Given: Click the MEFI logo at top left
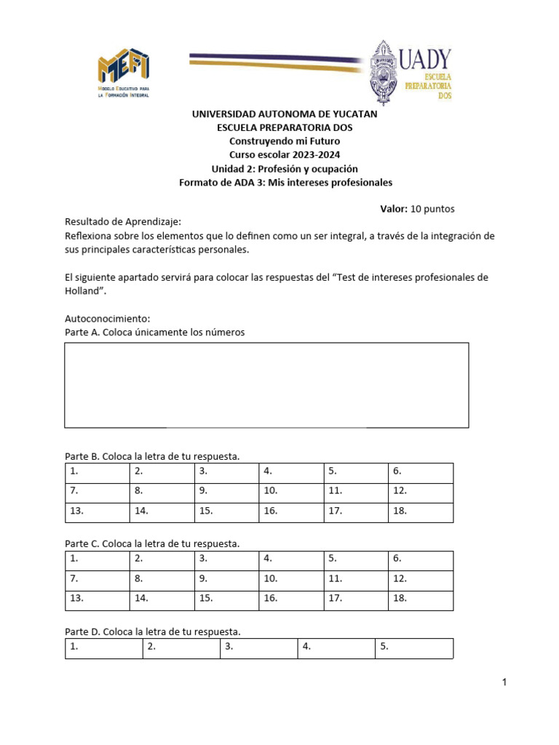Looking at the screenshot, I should (x=124, y=73).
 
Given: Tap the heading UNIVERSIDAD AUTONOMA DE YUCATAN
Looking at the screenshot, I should (x=285, y=114).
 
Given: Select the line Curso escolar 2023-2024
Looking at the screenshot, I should (x=285, y=155).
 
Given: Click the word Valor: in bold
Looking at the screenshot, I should (x=394, y=209).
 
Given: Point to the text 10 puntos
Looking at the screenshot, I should (x=432, y=209).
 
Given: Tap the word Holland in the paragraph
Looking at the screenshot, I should (x=84, y=291).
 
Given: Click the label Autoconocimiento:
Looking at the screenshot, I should (x=107, y=319).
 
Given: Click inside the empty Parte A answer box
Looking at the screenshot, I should (x=266, y=385).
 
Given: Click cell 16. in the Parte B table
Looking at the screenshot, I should (x=291, y=511).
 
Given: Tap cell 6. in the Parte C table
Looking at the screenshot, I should (x=420, y=560).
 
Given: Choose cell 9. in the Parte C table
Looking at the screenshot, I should (x=226, y=580).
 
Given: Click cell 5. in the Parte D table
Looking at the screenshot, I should (x=414, y=648).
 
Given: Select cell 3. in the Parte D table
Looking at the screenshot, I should (x=258, y=648).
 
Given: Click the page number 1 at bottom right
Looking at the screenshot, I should (x=503, y=682).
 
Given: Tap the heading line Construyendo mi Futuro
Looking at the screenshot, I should (x=285, y=141).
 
